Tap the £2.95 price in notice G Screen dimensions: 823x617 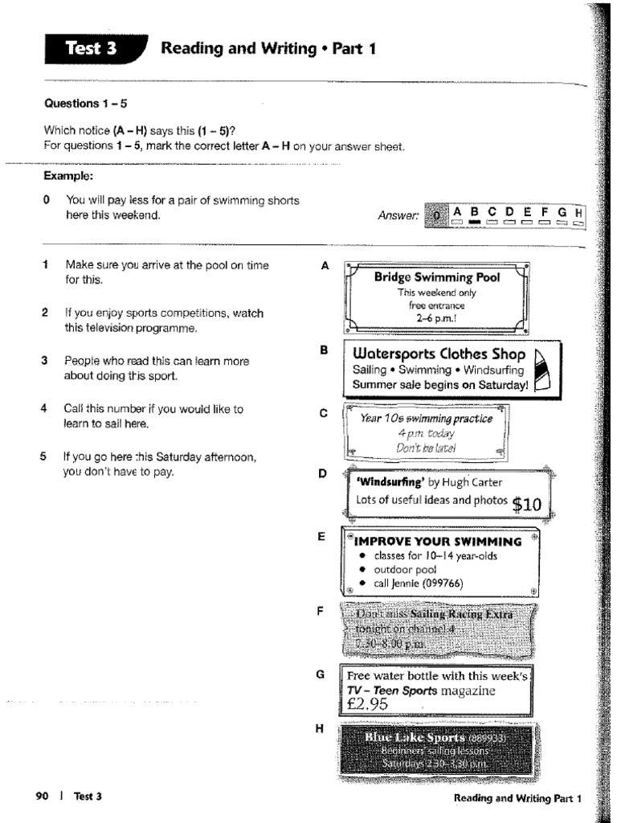click(x=369, y=705)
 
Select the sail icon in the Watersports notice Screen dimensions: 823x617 click(x=541, y=368)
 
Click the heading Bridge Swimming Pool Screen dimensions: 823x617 click(x=436, y=277)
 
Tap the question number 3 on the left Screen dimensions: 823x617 click(x=46, y=361)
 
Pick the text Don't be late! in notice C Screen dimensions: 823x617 click(x=426, y=448)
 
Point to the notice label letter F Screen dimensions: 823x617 click(x=321, y=612)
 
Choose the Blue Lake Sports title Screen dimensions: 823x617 click(x=415, y=737)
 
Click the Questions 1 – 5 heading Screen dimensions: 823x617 click(x=86, y=104)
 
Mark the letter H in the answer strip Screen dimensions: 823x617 click(x=579, y=211)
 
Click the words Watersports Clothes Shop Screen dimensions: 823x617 click(x=439, y=354)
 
